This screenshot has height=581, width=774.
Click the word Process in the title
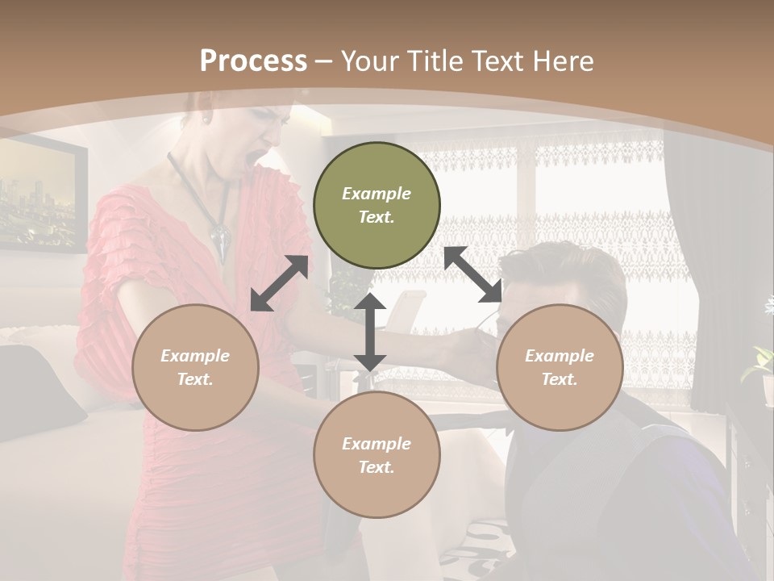253,61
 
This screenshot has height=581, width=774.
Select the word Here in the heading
564,61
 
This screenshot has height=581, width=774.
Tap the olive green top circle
377,205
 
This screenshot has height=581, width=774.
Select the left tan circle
195,367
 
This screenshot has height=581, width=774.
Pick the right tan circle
560,367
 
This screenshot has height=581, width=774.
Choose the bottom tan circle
377,454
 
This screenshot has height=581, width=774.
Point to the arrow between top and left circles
279,283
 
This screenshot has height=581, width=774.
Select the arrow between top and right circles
473,275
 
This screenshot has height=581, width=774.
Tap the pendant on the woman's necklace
220,240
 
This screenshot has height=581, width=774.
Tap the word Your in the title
371,61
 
